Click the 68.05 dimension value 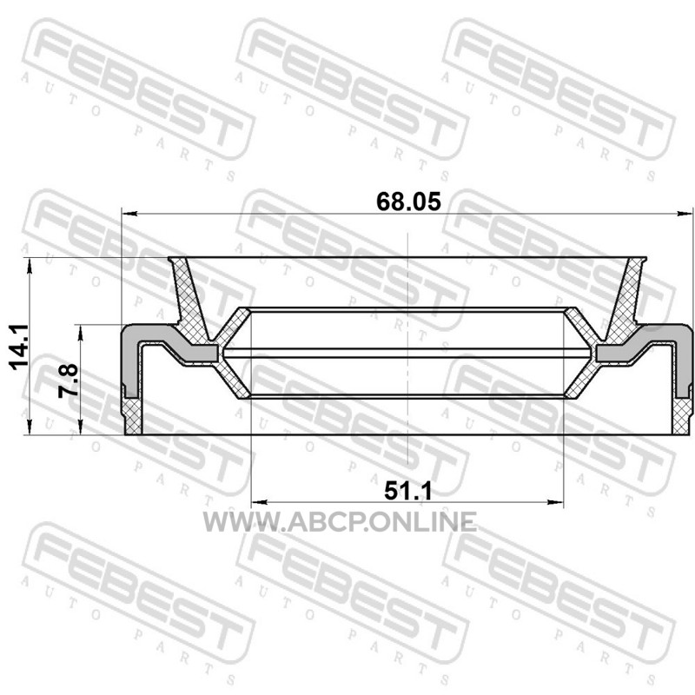(x=408, y=202)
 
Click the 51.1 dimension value (x=407, y=491)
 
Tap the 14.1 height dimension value (x=19, y=346)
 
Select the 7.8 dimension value (x=68, y=381)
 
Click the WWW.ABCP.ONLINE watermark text (x=340, y=522)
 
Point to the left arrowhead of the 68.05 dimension (x=129, y=214)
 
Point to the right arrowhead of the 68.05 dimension (x=686, y=214)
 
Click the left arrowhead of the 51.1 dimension (x=258, y=502)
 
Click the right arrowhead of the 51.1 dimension (x=555, y=502)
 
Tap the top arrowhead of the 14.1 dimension (x=30, y=265)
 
